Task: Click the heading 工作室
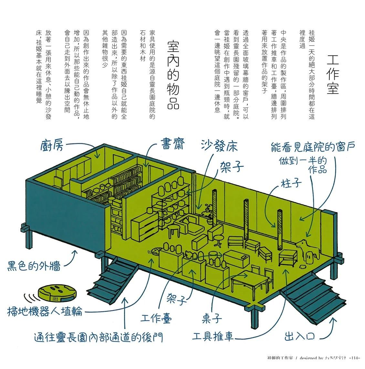click(333, 75)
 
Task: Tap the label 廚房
click(52, 146)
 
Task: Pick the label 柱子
click(291, 183)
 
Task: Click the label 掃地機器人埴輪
click(45, 312)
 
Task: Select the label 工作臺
click(156, 318)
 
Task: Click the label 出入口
click(299, 336)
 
